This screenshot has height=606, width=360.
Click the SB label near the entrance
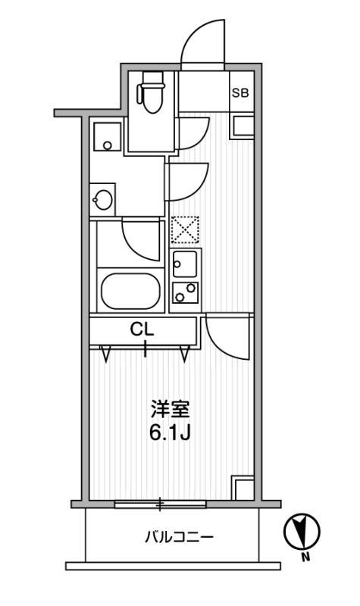240,92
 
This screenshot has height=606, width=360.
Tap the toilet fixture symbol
152,92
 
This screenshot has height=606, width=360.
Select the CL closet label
142,330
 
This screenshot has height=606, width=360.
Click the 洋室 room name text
170,410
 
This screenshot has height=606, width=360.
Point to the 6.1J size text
170,433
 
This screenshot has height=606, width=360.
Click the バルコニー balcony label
179,537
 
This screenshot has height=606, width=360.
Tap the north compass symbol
302,533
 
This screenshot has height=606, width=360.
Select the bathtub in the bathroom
130,292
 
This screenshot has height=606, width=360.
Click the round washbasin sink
103,200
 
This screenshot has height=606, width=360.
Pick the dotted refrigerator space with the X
185,230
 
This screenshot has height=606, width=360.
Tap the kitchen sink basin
185,264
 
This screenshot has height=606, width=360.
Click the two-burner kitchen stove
185,292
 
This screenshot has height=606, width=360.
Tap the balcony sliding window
160,504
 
